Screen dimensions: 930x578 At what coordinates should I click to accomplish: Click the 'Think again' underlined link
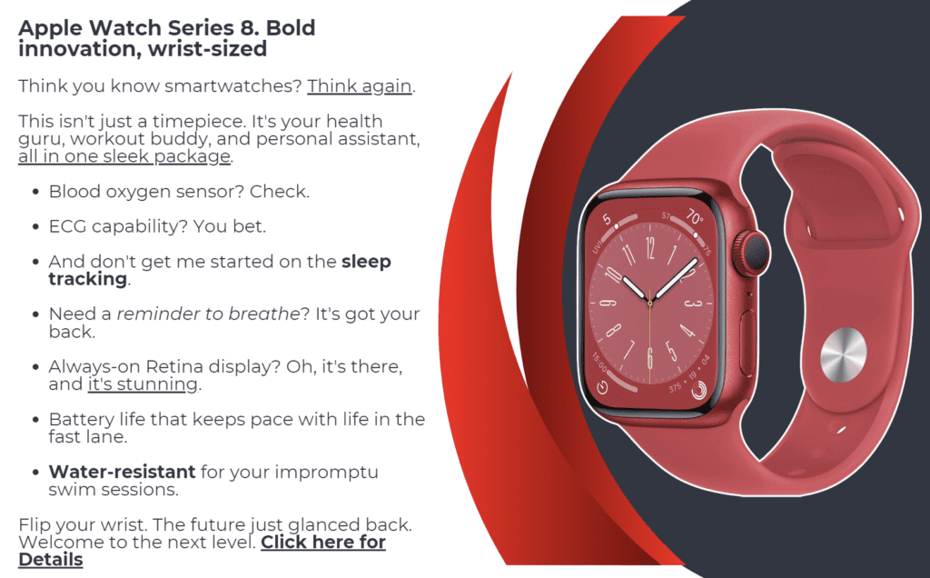point(360,86)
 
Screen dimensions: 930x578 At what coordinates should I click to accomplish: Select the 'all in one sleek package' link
point(124,156)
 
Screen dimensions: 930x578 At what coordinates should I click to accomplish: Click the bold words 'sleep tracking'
point(220,270)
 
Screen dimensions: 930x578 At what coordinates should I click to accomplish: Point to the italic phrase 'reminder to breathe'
point(208,314)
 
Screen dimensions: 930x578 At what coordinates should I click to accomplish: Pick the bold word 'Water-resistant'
point(123,472)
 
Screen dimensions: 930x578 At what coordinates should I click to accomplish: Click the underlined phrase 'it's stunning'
point(143,384)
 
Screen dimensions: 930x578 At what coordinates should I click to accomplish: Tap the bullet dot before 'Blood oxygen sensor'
point(36,193)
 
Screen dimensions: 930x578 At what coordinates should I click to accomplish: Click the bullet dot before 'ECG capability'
point(36,227)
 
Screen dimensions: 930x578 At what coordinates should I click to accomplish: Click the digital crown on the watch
point(751,254)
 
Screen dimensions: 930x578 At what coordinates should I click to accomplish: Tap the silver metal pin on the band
point(843,354)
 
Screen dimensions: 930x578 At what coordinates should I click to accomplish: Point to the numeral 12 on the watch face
point(650,248)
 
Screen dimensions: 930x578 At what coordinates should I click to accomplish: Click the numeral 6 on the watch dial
point(650,359)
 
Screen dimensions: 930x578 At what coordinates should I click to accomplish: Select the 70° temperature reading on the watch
point(695,216)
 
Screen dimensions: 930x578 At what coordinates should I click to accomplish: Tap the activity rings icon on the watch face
point(698,389)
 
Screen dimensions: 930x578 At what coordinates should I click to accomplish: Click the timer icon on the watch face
point(602,388)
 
